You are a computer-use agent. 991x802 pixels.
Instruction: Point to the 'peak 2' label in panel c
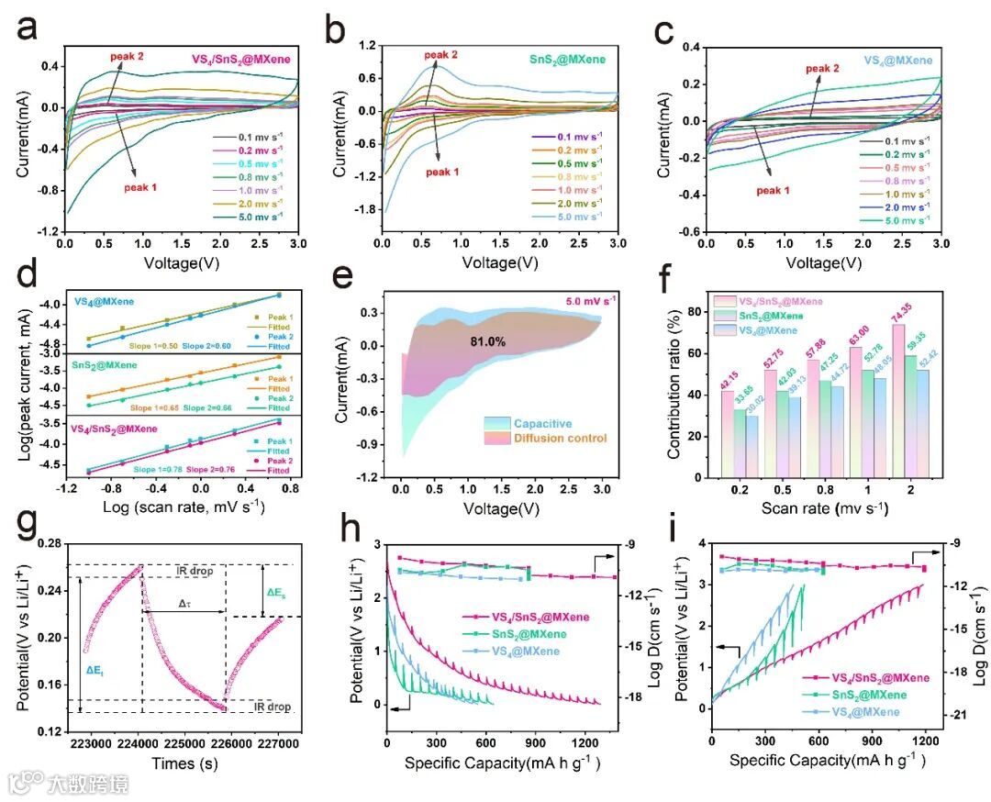[822, 69]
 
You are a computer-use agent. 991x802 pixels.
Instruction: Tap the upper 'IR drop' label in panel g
[194, 572]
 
